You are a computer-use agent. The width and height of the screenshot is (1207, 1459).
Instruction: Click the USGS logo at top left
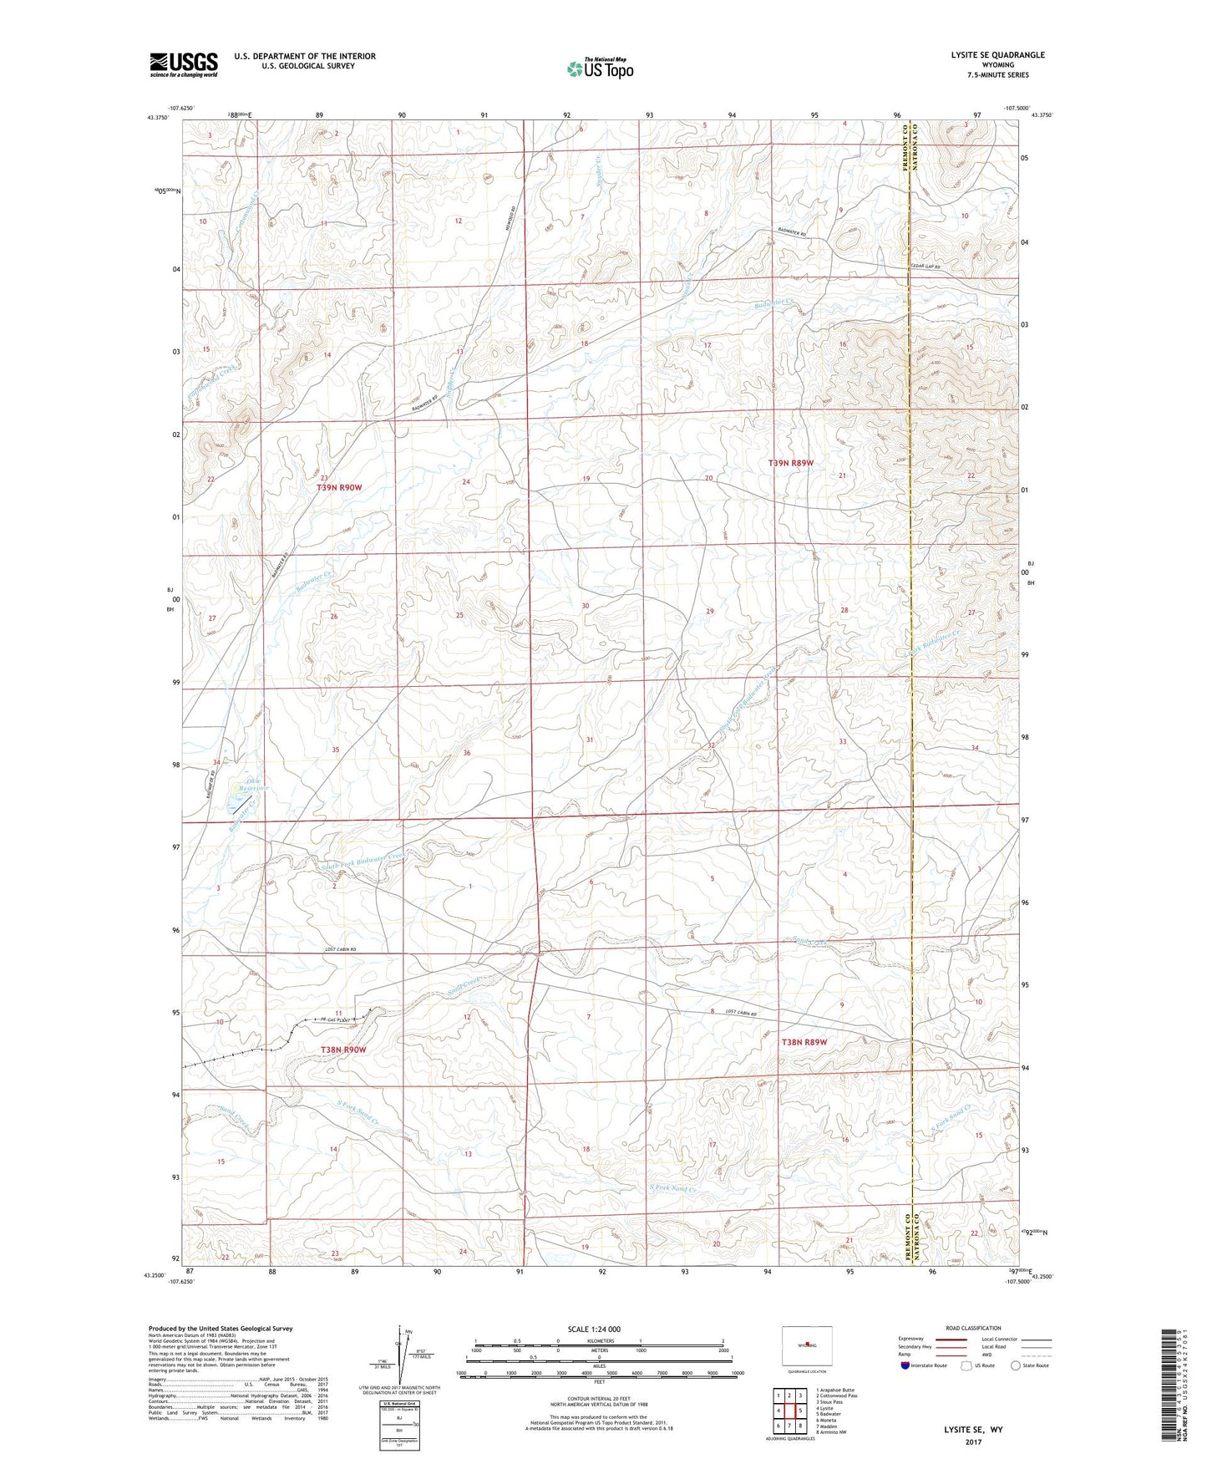(x=183, y=64)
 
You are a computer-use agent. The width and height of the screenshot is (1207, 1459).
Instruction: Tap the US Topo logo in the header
(x=599, y=69)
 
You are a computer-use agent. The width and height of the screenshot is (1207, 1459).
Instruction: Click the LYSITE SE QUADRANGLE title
(x=997, y=55)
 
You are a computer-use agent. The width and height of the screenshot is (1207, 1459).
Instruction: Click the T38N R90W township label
(x=344, y=1050)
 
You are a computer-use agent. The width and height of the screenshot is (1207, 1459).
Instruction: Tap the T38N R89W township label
(x=804, y=1042)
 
